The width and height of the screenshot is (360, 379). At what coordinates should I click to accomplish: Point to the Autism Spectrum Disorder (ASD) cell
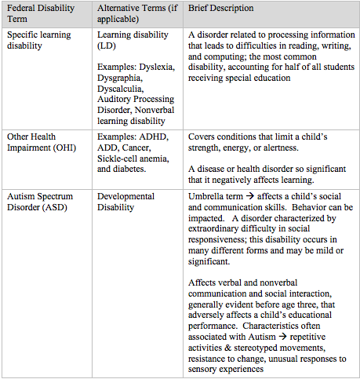tap(40, 200)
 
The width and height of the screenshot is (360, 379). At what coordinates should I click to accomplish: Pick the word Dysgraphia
tap(122, 81)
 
